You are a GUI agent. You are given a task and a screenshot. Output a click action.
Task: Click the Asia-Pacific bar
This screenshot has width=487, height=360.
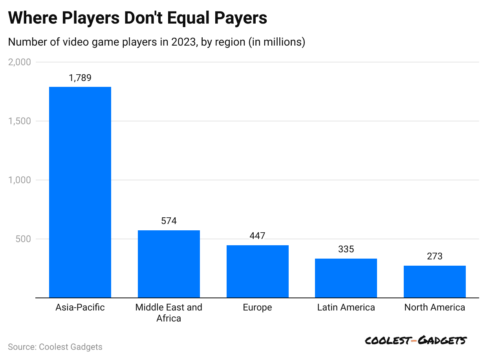[80, 192]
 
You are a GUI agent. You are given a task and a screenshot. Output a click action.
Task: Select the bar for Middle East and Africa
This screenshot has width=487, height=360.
[169, 264]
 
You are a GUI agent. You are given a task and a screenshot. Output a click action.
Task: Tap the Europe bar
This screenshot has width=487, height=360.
[258, 271]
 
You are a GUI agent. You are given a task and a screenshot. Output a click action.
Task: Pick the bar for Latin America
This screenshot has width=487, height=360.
[346, 278]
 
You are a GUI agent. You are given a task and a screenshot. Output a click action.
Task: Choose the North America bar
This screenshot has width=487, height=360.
[435, 281]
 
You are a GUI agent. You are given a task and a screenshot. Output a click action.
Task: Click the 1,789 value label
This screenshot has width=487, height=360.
[80, 78]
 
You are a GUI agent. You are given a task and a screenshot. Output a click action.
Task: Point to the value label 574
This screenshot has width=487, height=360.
[169, 221]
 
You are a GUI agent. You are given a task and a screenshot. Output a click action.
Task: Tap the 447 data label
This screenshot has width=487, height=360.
[258, 236]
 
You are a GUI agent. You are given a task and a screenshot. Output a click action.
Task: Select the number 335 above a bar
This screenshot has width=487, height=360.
[346, 249]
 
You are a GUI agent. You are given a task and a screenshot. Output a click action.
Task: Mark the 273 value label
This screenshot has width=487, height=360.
[435, 256]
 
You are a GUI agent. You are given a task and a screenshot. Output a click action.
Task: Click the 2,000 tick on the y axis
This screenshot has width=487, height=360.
[19, 62]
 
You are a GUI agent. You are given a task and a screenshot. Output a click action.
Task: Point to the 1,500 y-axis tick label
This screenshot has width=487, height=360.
[19, 121]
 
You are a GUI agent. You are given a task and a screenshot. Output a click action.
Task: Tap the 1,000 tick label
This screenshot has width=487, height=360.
[19, 180]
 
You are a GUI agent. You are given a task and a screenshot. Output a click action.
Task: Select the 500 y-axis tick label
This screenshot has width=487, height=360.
[23, 239]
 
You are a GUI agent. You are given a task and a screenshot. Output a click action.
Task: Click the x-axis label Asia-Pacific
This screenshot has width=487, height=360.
[80, 307]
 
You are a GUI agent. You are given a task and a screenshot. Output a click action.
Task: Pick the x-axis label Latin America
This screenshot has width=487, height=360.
[346, 307]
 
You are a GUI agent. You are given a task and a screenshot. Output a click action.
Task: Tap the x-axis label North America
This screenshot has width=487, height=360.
[435, 307]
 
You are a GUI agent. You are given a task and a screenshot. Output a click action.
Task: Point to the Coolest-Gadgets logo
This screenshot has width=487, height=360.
[415, 340]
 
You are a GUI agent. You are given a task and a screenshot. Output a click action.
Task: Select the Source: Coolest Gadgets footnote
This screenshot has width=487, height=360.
[55, 347]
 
